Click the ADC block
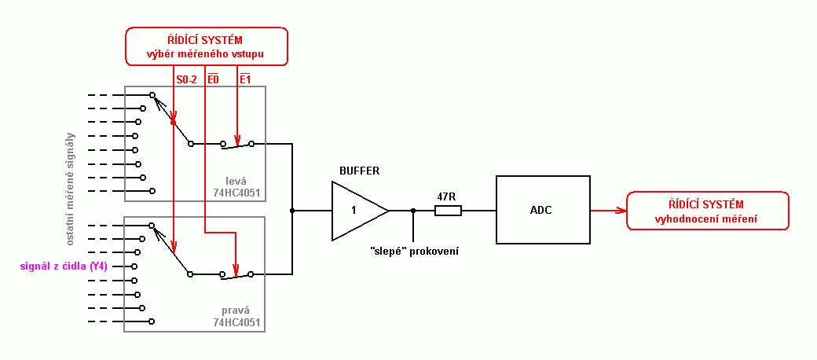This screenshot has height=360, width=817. [x=542, y=210]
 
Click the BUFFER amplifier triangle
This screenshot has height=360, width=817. [x=357, y=211]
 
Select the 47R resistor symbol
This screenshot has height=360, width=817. [x=448, y=211]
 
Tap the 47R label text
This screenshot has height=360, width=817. [x=448, y=196]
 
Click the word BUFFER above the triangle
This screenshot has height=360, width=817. [x=359, y=171]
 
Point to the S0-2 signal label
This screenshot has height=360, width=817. [x=186, y=79]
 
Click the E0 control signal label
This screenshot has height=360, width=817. [x=213, y=79]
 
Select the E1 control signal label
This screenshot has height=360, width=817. [x=244, y=79]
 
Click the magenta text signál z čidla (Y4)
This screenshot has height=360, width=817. [x=64, y=266]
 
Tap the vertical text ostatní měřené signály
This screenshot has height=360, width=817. [x=71, y=181]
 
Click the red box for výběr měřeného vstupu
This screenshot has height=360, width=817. [x=207, y=46]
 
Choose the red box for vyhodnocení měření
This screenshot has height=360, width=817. [x=706, y=211]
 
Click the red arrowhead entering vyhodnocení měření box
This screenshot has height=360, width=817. [x=621, y=211]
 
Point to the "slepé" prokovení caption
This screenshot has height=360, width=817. [x=414, y=251]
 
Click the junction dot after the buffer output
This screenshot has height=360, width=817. [x=413, y=211]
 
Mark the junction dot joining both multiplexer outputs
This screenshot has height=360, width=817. [x=292, y=211]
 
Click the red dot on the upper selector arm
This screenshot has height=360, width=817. [x=172, y=123]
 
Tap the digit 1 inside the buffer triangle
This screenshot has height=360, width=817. [x=353, y=211]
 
